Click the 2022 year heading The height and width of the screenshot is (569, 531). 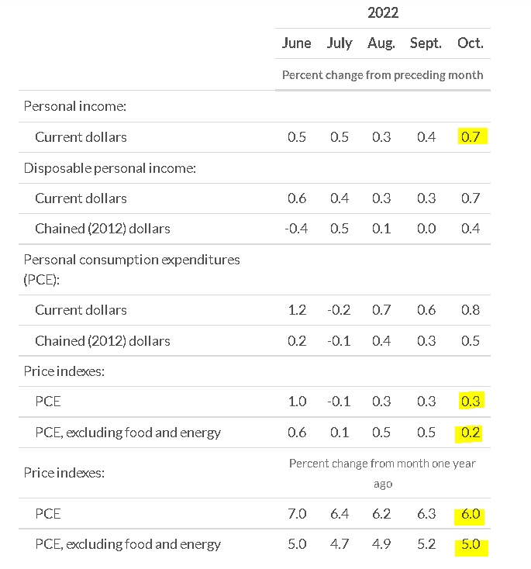pos(383,12)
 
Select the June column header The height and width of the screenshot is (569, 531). pos(297,43)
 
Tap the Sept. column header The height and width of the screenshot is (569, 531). pos(426,43)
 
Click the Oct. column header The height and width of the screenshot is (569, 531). pos(471,43)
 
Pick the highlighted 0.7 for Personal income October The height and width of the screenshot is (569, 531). pos(471,136)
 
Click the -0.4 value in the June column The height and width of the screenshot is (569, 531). pos(296,229)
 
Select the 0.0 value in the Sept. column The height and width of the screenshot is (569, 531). pos(426,229)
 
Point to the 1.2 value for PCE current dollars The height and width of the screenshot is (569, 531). pos(297,310)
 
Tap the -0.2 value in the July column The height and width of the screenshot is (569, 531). pos(339,310)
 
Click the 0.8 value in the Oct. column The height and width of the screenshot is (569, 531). pos(471,310)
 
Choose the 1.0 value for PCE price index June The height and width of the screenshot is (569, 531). pos(297,402)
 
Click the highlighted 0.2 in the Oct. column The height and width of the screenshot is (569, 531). pos(471,433)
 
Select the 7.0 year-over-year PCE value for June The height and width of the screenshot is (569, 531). pos(297,514)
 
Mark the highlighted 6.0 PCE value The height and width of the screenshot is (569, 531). pos(471,514)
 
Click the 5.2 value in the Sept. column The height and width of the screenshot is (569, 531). pos(426,544)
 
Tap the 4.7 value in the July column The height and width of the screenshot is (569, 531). pos(340,544)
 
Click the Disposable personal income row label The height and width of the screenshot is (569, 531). pos(109,168)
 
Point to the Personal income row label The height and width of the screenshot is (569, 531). pos(74,106)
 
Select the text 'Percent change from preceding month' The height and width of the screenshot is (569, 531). pos(382,75)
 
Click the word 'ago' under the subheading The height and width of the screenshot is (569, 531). pos(383,485)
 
